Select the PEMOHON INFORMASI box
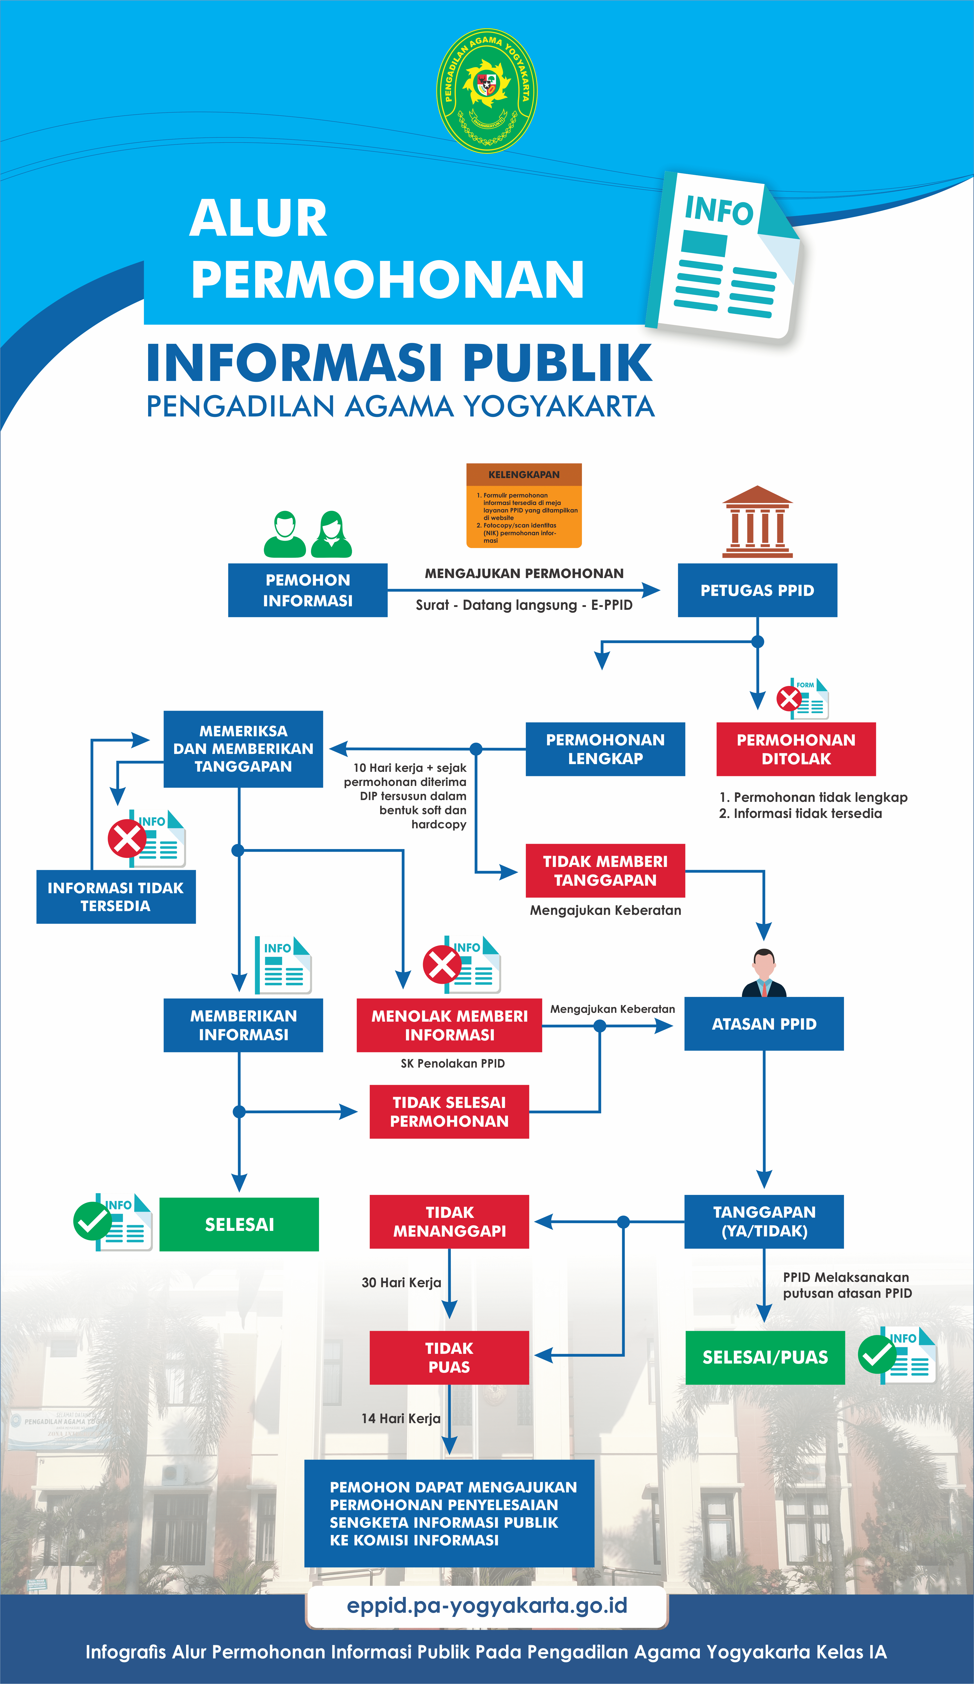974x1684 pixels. tap(308, 590)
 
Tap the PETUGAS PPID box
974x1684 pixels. tap(757, 590)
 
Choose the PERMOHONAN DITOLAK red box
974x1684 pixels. tap(795, 749)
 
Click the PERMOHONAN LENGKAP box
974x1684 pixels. tap(605, 749)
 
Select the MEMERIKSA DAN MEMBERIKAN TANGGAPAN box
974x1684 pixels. tap(243, 749)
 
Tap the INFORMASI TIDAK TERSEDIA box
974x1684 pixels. tap(116, 897)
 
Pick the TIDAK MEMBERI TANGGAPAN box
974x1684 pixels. tap(605, 871)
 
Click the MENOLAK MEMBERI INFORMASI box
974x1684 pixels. tap(449, 1025)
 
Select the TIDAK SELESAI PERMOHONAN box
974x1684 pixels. tap(449, 1112)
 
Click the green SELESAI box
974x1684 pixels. tap(239, 1224)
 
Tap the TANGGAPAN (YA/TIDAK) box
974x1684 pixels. tap(764, 1222)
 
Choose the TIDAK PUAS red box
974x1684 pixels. tap(449, 1357)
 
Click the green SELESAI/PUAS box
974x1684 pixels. tap(765, 1357)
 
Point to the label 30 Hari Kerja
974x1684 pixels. tap(401, 1282)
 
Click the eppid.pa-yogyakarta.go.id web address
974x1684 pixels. tap(487, 1606)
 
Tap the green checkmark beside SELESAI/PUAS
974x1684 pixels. tap(876, 1354)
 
